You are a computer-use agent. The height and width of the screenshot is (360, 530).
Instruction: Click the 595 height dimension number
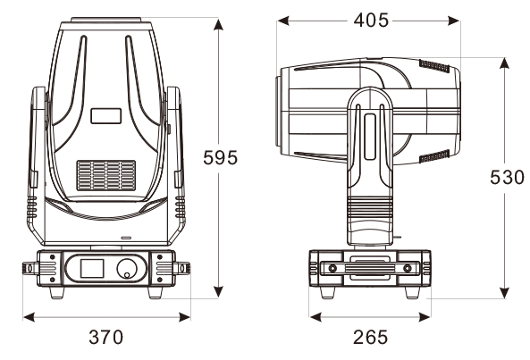[x=221, y=158]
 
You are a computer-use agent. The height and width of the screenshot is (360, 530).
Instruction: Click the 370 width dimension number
[x=106, y=337]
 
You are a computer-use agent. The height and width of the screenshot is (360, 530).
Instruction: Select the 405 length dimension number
[x=371, y=21]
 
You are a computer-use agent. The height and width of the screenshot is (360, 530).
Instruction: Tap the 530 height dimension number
[x=507, y=177]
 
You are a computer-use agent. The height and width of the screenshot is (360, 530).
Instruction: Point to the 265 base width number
[x=370, y=337]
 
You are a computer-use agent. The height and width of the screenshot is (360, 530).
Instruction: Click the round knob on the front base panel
[x=127, y=269]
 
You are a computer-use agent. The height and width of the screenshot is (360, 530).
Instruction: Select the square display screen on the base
[x=92, y=269]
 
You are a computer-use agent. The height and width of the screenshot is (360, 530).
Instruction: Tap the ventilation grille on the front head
[x=106, y=175]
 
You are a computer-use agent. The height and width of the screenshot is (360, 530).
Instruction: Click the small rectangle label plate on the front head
[x=105, y=116]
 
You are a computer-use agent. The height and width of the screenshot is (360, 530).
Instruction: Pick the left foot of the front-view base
[x=57, y=292]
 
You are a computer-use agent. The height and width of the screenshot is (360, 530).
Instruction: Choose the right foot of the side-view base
[x=413, y=292]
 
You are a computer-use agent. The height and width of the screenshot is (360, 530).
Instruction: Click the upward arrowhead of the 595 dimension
[x=219, y=25]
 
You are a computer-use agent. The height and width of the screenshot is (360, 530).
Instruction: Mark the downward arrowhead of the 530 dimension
[x=504, y=293]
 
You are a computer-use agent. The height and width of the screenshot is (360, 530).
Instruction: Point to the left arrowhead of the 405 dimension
[x=283, y=21]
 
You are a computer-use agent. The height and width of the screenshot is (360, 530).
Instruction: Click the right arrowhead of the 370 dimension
[x=184, y=317]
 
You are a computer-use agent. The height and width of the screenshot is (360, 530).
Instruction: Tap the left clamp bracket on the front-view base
[x=30, y=269]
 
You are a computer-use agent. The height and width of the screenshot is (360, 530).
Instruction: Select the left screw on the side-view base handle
[x=332, y=269]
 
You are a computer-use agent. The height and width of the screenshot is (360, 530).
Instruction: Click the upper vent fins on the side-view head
[x=434, y=65]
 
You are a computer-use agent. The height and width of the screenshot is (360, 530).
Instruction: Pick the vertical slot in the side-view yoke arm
[x=370, y=137]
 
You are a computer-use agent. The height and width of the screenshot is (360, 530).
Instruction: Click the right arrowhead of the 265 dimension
[x=425, y=317]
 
